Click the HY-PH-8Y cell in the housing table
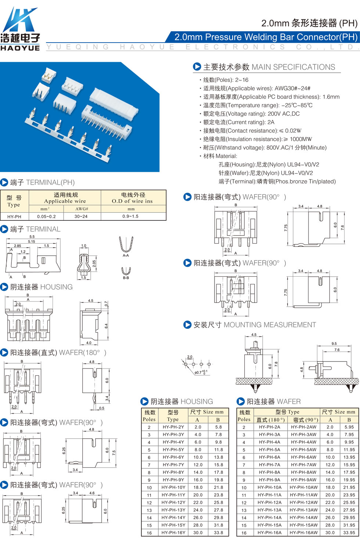(x=173, y=472)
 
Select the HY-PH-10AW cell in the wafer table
(x=303, y=487)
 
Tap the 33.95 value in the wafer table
(x=349, y=533)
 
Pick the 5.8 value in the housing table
(x=218, y=427)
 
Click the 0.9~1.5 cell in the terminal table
(x=130, y=216)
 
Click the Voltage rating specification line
(x=249, y=114)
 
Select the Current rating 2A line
(x=237, y=122)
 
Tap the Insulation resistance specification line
(x=256, y=139)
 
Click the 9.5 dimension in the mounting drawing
(x=334, y=343)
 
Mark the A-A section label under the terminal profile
(x=126, y=255)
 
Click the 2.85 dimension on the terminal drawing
(x=17, y=246)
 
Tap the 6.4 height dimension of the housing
(x=106, y=326)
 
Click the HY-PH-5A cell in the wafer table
(x=269, y=450)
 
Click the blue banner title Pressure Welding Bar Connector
(x=266, y=37)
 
